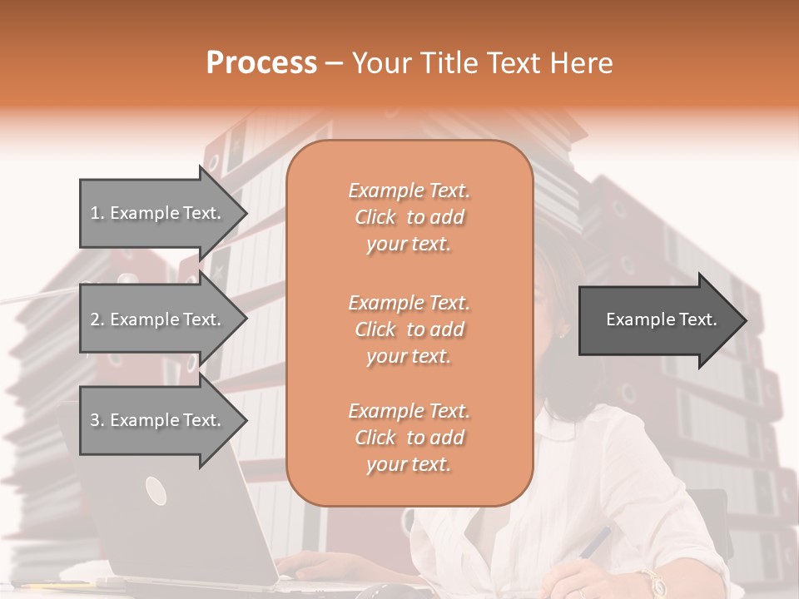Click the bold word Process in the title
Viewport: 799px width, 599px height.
click(261, 63)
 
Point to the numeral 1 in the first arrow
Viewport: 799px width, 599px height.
click(95, 213)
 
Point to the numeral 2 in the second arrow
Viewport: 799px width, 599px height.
click(95, 319)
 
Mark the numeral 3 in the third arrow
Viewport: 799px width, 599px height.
click(95, 420)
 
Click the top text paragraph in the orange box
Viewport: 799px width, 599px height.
click(409, 217)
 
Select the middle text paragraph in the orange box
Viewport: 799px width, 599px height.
click(409, 329)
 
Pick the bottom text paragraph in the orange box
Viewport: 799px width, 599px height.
click(409, 438)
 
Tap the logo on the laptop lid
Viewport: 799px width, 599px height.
click(156, 491)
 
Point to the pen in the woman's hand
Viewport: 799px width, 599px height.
click(594, 542)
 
